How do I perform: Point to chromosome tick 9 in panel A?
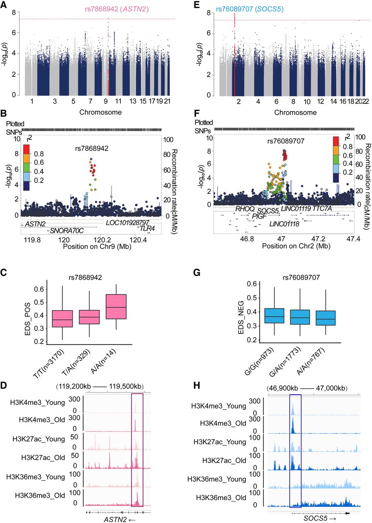[105, 101]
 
